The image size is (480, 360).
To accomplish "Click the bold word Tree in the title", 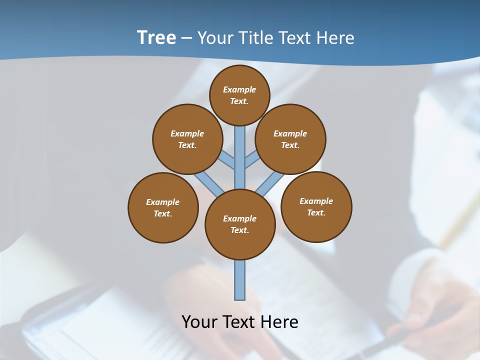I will pyautogui.click(x=156, y=38).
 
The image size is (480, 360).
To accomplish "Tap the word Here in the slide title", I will pyautogui.click(x=335, y=38).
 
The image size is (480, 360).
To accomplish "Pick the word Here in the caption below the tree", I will pyautogui.click(x=279, y=321).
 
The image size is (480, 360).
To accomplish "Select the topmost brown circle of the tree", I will pyautogui.click(x=239, y=95).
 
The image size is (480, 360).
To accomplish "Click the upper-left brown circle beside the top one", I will pyautogui.click(x=187, y=139).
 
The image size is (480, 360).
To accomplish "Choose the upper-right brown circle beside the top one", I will pyautogui.click(x=290, y=139).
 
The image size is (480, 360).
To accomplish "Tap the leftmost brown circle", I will pyautogui.click(x=163, y=207).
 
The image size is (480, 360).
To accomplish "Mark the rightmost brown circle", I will pyautogui.click(x=316, y=206).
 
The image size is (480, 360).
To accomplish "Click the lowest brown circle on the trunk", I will pyautogui.click(x=240, y=224).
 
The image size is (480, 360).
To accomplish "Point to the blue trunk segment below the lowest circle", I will pyautogui.click(x=240, y=280).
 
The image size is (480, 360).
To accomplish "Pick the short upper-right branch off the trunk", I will pyautogui.click(x=251, y=160).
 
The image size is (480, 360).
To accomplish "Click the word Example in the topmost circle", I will pyautogui.click(x=239, y=89).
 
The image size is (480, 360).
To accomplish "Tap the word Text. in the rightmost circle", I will pyautogui.click(x=316, y=212).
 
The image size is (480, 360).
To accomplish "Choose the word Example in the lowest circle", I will pyautogui.click(x=239, y=218).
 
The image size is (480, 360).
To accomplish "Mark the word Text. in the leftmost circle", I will pyautogui.click(x=163, y=213).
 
